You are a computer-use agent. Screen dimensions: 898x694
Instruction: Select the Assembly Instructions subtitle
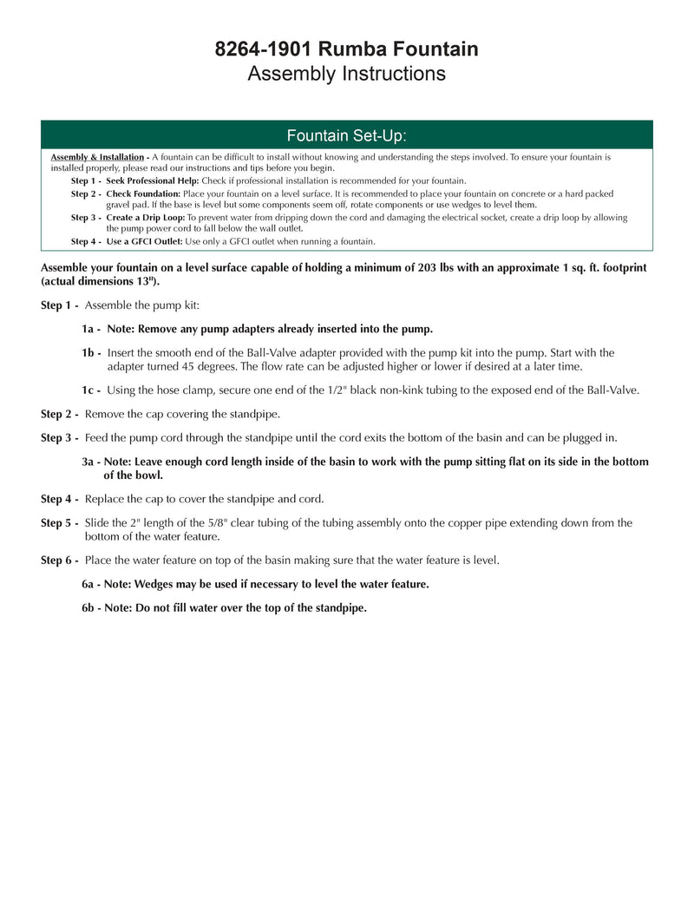click(x=346, y=74)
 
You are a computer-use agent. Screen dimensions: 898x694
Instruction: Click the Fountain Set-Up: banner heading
click(x=346, y=135)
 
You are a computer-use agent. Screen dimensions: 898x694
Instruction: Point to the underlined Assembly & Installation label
click(x=97, y=157)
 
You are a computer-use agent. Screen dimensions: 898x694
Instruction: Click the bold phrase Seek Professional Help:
click(x=153, y=180)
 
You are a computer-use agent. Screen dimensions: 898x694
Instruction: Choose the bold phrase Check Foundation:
click(x=143, y=193)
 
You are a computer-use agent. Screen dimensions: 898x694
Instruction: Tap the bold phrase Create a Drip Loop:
click(x=146, y=218)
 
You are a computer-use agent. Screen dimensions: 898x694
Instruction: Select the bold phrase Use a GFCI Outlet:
click(x=144, y=241)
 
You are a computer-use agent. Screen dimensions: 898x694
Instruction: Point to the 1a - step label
click(x=91, y=329)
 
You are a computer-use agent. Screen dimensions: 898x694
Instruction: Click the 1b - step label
click(x=91, y=353)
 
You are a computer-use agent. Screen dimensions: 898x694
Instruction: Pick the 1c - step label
click(x=91, y=390)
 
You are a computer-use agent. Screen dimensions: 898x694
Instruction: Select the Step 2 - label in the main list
click(x=60, y=414)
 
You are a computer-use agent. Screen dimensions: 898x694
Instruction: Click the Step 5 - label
click(x=60, y=523)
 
